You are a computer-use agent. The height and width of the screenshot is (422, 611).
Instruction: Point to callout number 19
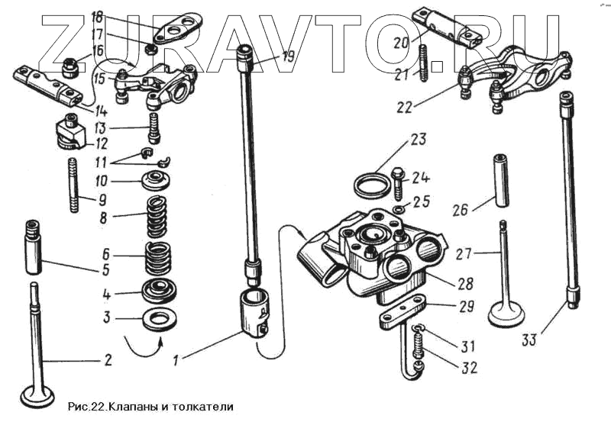[x=286, y=55]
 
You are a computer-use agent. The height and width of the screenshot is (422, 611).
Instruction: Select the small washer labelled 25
[x=400, y=209]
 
